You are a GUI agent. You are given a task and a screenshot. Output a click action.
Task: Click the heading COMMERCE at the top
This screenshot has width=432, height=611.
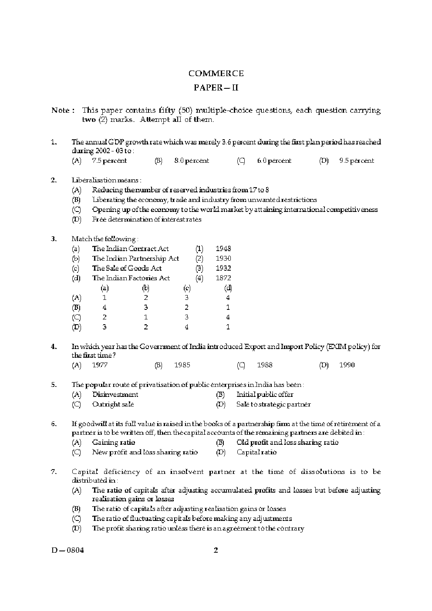click(x=216, y=74)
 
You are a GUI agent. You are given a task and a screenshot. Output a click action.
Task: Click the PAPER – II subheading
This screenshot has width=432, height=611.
click(x=216, y=88)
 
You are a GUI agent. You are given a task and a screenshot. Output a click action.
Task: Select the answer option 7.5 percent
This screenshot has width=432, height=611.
click(x=109, y=161)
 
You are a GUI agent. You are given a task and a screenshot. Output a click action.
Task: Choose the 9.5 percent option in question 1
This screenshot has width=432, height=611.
click(x=356, y=161)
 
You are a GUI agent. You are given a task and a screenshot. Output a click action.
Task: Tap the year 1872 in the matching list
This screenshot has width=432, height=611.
click(x=223, y=278)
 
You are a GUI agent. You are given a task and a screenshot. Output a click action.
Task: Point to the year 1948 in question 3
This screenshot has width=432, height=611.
click(x=223, y=248)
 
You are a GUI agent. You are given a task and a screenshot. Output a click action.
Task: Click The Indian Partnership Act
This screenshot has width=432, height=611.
click(x=135, y=258)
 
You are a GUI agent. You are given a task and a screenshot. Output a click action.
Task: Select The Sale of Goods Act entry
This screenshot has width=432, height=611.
click(x=127, y=268)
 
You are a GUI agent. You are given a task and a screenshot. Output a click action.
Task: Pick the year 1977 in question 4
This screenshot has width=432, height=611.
click(x=100, y=365)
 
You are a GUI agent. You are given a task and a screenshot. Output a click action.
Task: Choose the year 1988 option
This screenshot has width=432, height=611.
click(x=264, y=365)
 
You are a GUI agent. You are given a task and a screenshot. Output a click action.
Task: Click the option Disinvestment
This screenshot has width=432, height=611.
click(x=115, y=394)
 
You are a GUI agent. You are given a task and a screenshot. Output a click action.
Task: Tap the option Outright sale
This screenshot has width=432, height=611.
click(x=113, y=404)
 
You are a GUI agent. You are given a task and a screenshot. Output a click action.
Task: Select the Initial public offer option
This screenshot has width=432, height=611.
click(x=265, y=394)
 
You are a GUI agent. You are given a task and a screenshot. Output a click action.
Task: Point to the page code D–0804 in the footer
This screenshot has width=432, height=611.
click(x=67, y=550)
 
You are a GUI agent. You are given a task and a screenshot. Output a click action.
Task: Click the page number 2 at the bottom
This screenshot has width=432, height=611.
click(x=216, y=550)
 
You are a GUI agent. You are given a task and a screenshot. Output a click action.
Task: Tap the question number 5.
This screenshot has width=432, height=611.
click(x=54, y=385)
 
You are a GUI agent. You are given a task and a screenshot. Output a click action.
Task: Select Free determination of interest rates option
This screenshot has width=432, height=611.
click(x=147, y=219)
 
